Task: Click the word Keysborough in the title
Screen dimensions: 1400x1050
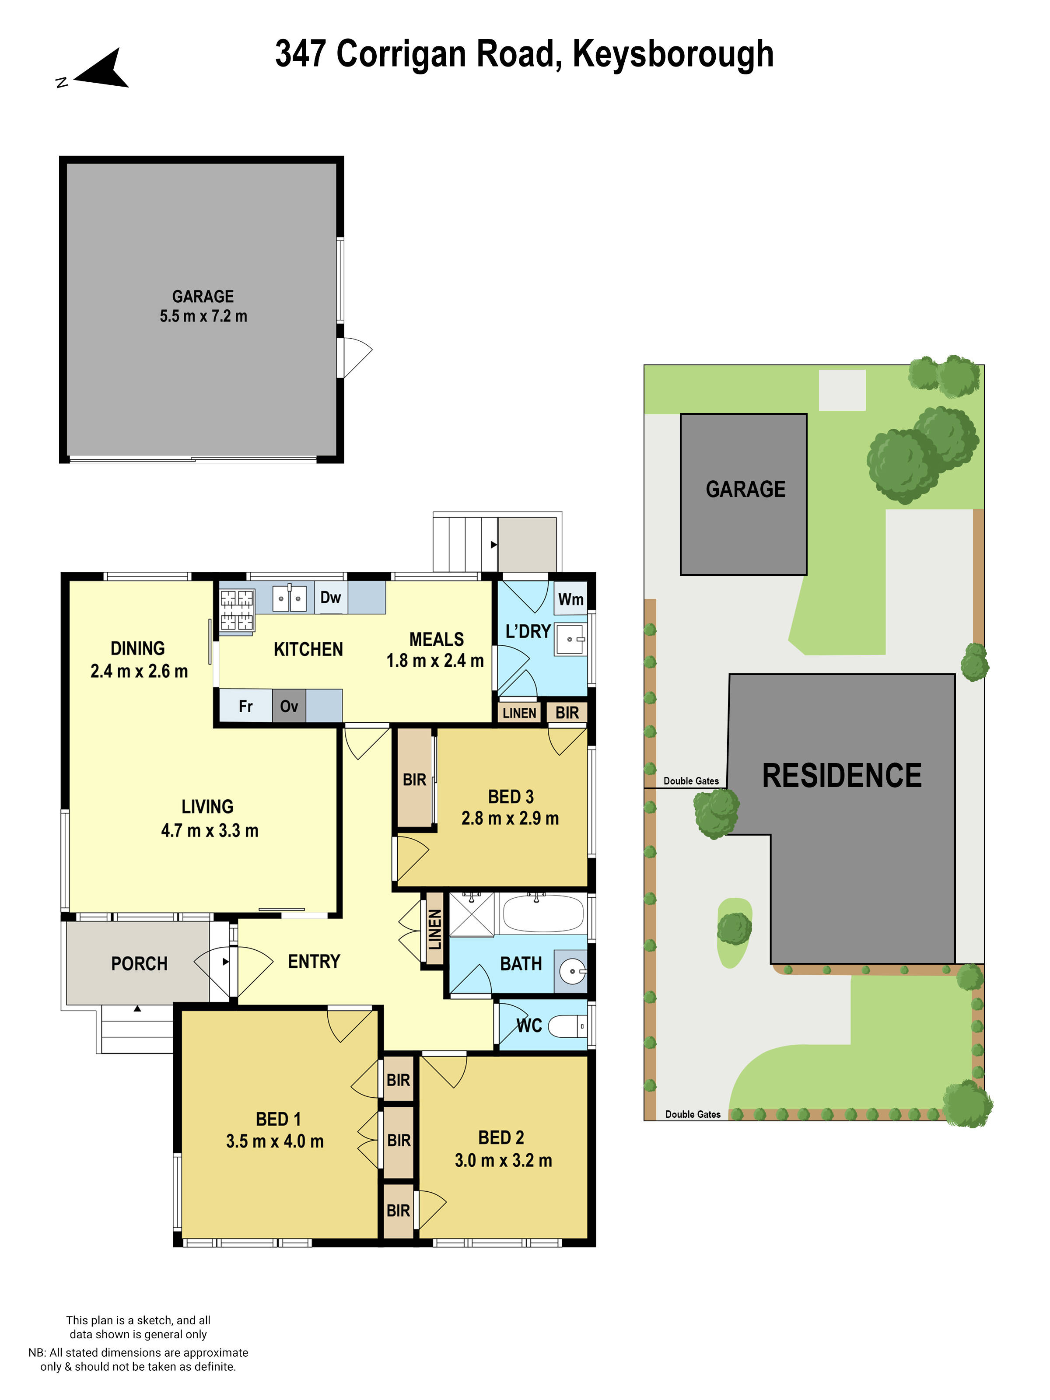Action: point(673,54)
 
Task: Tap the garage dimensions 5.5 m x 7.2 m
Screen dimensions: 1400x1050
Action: point(203,316)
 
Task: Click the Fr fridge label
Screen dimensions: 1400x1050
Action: point(245,706)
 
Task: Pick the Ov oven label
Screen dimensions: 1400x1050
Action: point(289,706)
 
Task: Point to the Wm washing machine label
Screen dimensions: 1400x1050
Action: point(570,599)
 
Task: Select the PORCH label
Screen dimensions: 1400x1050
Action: point(139,964)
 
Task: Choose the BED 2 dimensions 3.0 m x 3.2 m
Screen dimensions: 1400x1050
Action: point(503,1160)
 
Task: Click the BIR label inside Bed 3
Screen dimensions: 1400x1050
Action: point(415,780)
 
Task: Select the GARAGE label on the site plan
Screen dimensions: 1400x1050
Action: point(745,489)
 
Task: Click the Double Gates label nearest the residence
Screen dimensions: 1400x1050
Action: point(691,781)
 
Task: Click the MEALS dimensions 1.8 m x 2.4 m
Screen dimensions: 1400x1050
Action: point(435,661)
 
